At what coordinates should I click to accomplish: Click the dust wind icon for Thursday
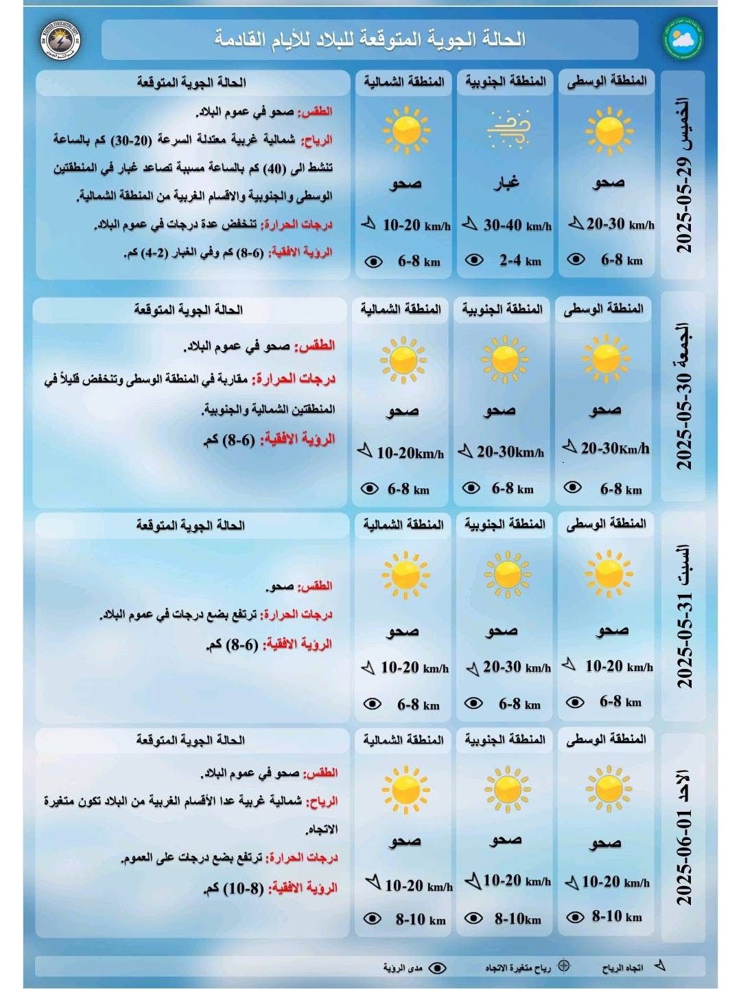(x=508, y=129)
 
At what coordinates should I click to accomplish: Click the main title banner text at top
(x=370, y=39)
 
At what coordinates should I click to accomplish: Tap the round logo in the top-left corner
(x=60, y=38)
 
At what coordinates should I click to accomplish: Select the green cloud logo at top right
(x=683, y=38)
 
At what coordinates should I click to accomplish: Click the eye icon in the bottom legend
(x=437, y=968)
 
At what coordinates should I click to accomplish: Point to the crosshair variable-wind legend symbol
(x=564, y=966)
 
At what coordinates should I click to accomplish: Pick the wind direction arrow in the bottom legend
(x=659, y=966)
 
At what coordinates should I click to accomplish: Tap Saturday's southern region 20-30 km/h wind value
(x=517, y=667)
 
